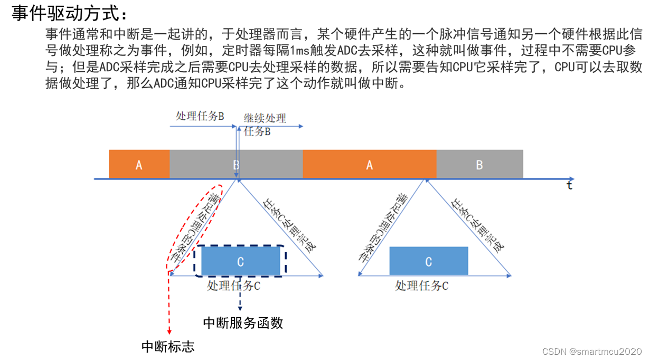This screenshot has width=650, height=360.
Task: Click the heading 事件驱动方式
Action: [x=69, y=13]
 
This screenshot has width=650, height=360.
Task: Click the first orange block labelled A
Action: [x=139, y=165]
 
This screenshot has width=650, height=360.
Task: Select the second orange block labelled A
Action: [x=369, y=165]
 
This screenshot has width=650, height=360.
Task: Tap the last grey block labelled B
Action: [x=479, y=165]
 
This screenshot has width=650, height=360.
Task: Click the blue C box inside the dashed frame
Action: [x=240, y=261]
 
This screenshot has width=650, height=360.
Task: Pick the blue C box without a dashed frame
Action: [x=428, y=261]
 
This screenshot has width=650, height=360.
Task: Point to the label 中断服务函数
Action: [x=243, y=323]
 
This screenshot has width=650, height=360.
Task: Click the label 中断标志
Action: [x=168, y=346]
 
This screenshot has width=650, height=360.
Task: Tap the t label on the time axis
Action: [x=569, y=185]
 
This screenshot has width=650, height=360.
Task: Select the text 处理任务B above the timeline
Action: [x=200, y=116]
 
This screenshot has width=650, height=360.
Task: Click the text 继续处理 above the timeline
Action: [x=265, y=118]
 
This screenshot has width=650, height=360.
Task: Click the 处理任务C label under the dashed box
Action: [x=233, y=286]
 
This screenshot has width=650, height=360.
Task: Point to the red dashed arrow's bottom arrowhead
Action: [x=169, y=331]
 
